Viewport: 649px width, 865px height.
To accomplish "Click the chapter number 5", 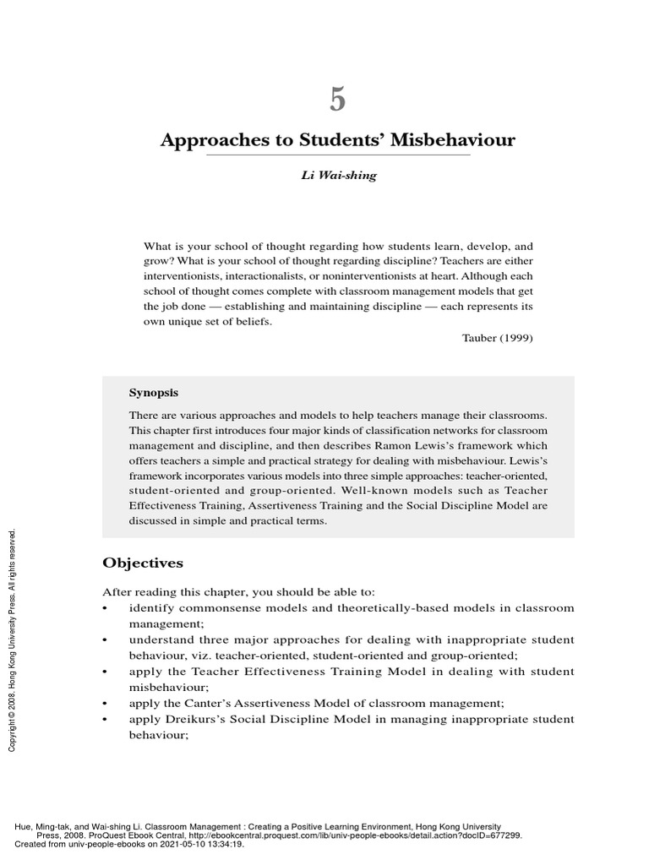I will (337, 101).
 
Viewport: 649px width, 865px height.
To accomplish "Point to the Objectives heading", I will (143, 562).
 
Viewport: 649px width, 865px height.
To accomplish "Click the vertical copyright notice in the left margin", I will (13, 641).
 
